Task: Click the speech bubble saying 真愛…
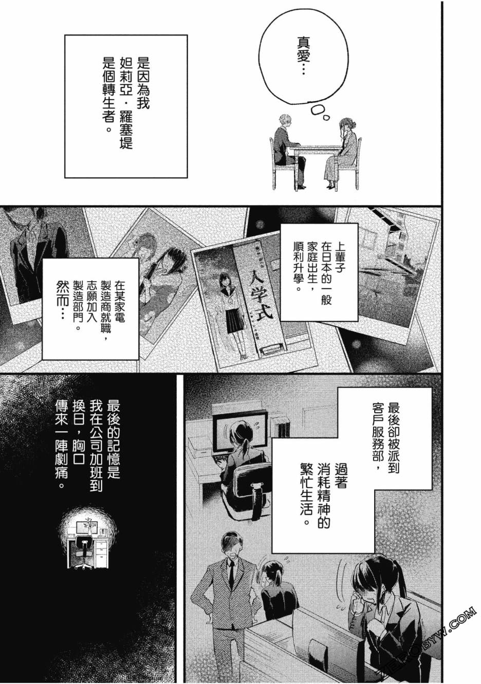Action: [x=305, y=58]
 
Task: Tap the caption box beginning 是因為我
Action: [x=126, y=106]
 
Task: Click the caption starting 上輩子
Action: [x=319, y=272]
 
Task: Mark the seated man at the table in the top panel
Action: [x=289, y=151]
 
